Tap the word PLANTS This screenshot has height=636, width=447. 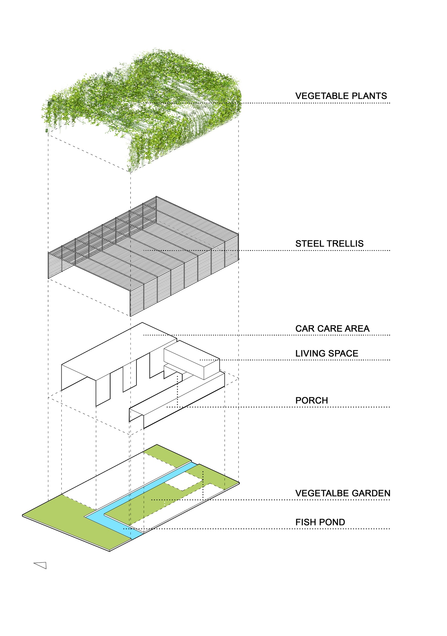[368, 96]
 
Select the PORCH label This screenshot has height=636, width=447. [311, 400]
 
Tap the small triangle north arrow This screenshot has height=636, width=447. [41, 565]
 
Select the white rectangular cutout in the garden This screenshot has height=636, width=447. [184, 481]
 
